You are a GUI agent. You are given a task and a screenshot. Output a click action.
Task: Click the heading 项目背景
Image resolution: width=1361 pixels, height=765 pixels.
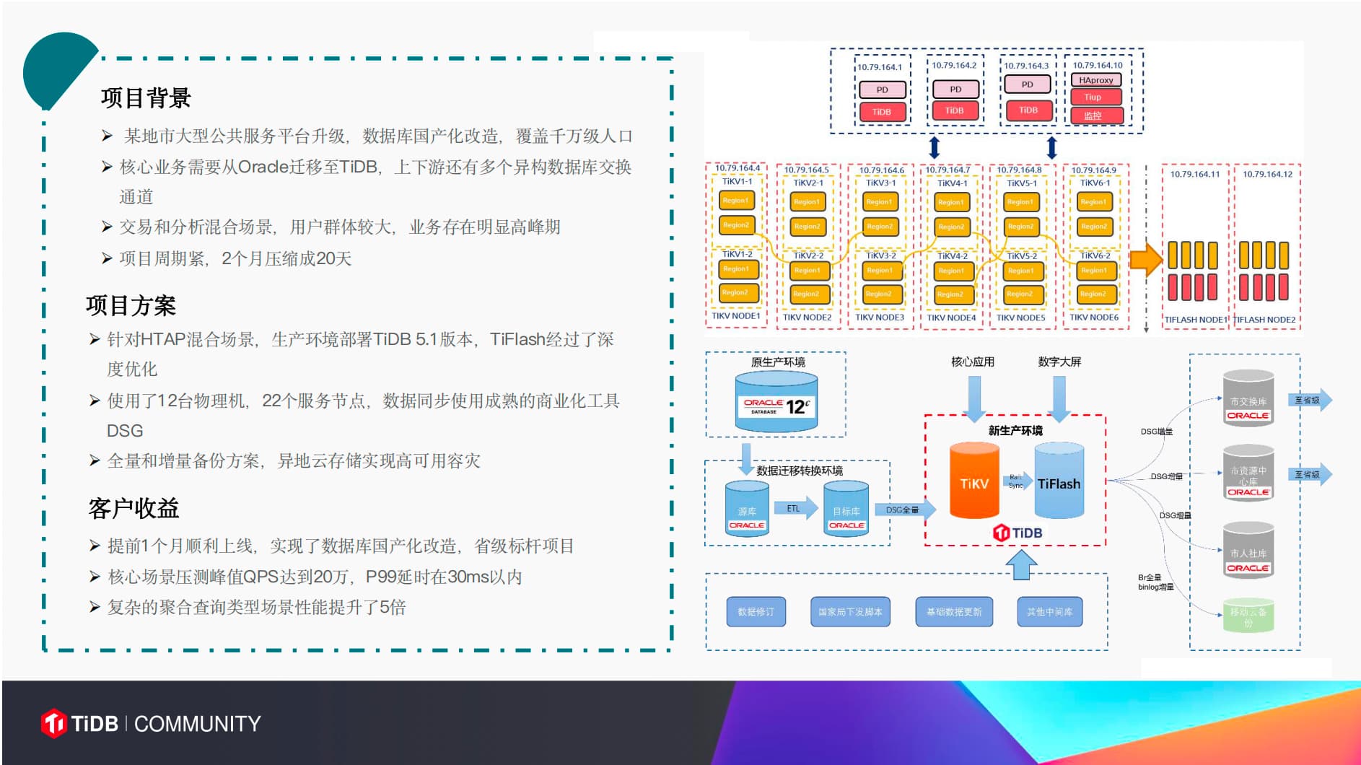tap(146, 97)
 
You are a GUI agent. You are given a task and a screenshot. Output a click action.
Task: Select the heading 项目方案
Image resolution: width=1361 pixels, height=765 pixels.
tap(131, 305)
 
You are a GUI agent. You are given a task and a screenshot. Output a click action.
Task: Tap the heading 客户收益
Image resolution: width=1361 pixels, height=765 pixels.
tap(134, 508)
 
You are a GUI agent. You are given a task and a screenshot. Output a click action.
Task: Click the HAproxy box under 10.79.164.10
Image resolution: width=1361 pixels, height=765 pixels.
tap(1095, 80)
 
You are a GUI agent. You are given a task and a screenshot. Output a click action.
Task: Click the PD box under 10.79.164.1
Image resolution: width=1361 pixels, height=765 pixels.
tap(882, 89)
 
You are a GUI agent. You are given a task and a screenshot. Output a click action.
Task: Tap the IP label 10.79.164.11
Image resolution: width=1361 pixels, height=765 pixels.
tap(1194, 174)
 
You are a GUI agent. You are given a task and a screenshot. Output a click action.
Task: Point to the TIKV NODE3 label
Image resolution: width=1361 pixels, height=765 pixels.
tap(879, 317)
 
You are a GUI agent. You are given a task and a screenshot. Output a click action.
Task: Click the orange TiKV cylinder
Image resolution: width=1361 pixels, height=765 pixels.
tap(973, 481)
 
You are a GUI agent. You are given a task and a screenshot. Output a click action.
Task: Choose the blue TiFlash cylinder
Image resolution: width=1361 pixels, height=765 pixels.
tap(1059, 481)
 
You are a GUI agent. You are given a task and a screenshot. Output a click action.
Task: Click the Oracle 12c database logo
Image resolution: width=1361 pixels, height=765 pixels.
tap(776, 406)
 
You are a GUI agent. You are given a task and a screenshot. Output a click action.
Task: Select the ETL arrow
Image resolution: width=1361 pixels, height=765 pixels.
tap(795, 508)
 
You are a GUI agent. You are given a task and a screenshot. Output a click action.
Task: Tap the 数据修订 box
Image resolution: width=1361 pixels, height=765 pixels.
tap(756, 611)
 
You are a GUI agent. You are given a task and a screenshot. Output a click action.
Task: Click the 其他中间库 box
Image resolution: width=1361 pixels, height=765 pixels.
tap(1049, 611)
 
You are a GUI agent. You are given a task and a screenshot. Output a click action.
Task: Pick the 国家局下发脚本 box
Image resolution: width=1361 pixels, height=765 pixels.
tap(850, 611)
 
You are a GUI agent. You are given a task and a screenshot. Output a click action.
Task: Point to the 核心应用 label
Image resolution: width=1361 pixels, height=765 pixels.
tap(972, 362)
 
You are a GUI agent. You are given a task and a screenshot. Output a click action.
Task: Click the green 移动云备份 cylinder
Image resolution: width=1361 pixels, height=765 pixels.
tap(1248, 616)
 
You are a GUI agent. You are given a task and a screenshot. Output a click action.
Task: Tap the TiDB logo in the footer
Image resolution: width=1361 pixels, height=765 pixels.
tap(79, 723)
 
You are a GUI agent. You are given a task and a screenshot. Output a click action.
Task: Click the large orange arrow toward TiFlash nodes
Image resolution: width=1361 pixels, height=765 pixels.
tap(1145, 260)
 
